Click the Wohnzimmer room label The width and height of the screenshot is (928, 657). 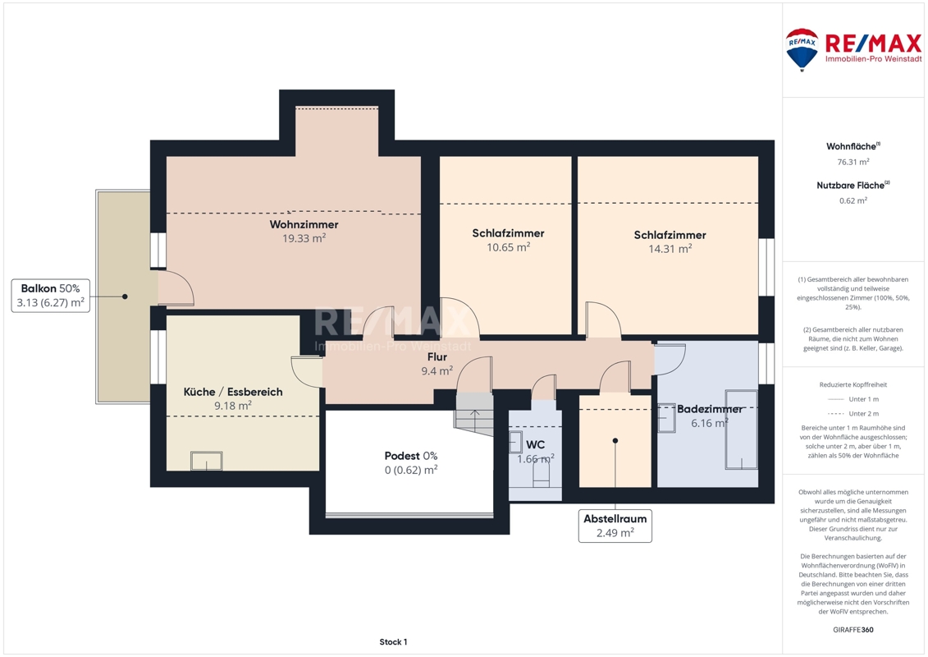[304, 224]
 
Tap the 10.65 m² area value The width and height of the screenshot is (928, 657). [509, 247]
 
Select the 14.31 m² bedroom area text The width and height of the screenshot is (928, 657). [670, 249]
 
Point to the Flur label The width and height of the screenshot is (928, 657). [437, 356]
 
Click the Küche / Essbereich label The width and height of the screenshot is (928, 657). [232, 392]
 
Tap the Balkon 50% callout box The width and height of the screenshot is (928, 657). [50, 296]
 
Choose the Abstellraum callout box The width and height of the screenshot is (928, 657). [615, 526]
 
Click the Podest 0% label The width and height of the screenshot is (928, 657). [411, 456]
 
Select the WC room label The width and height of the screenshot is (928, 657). [535, 444]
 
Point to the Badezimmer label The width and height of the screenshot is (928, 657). [710, 409]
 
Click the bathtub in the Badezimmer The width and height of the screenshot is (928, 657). [741, 430]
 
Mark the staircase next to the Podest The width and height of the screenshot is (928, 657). [474, 414]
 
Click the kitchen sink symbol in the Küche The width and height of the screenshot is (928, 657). [207, 461]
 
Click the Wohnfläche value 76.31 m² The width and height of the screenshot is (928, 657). [853, 162]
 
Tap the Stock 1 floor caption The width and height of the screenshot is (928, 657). [393, 641]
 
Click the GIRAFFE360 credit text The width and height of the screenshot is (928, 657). [853, 630]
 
